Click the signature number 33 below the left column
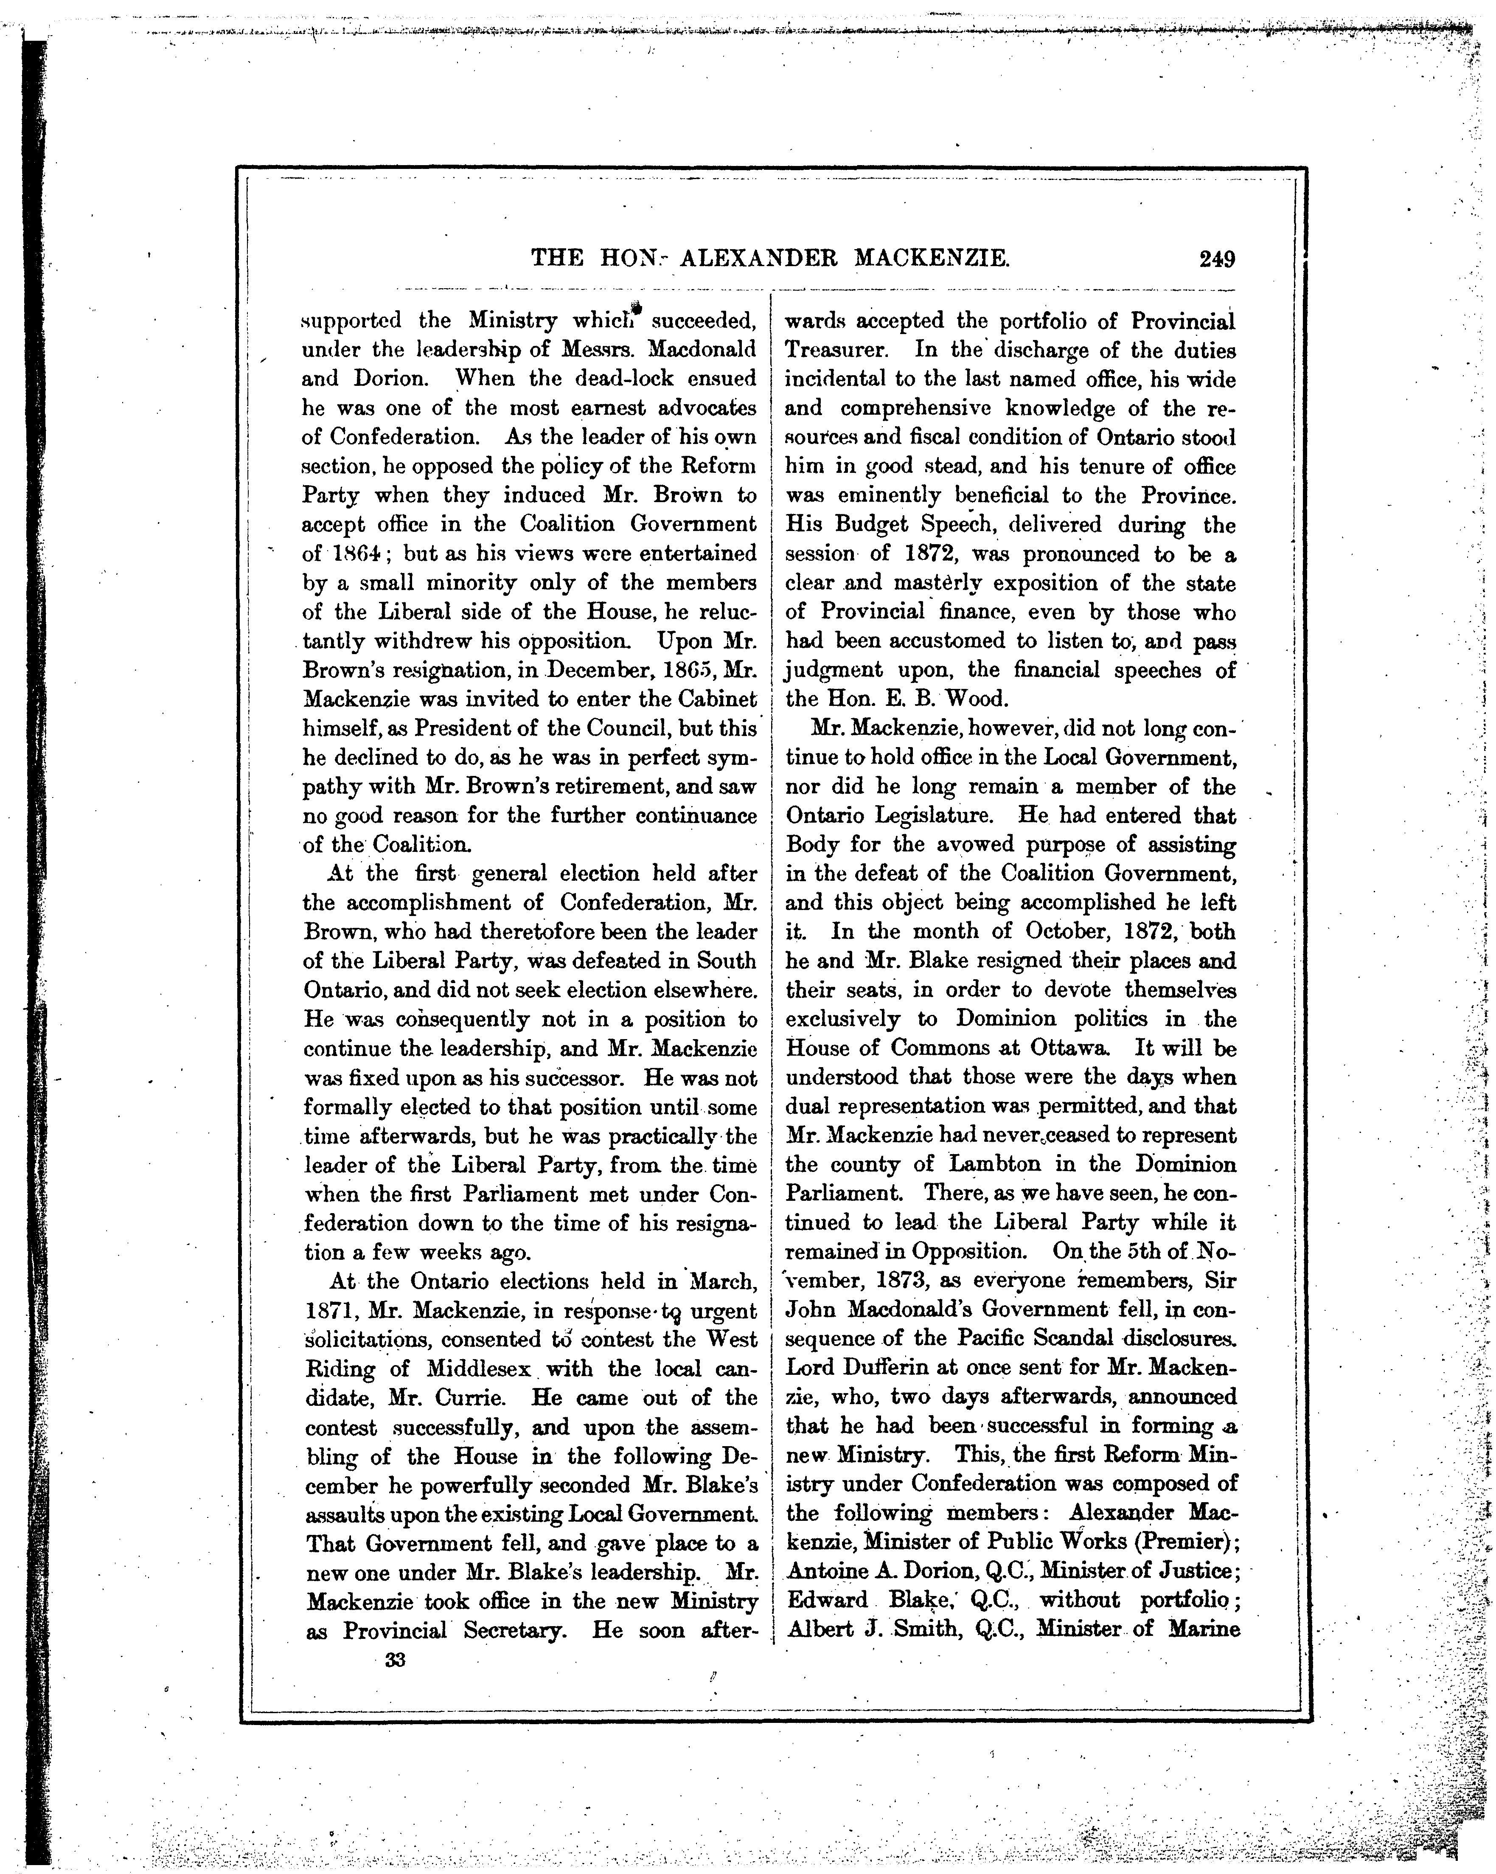[396, 1659]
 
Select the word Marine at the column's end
[1204, 1630]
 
